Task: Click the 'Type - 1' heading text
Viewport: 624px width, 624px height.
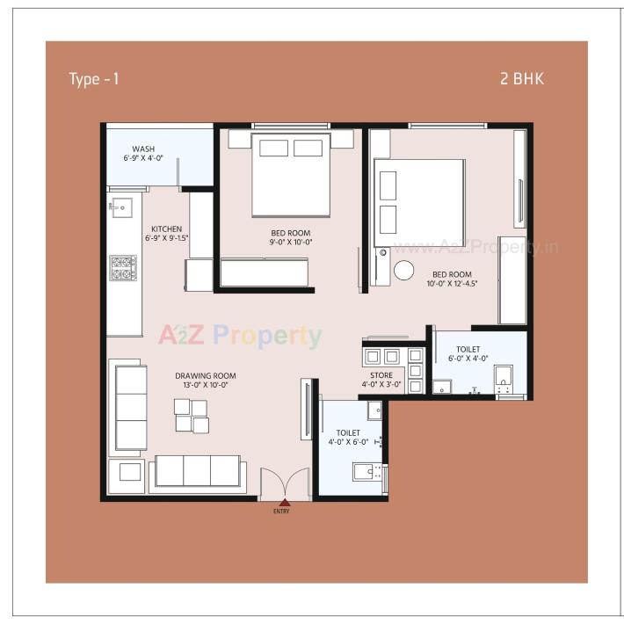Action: pyautogui.click(x=94, y=79)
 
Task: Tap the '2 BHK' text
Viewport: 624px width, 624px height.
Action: pyautogui.click(x=522, y=79)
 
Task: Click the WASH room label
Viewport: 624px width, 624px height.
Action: pyautogui.click(x=143, y=149)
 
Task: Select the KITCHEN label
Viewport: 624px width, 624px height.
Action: pyautogui.click(x=166, y=229)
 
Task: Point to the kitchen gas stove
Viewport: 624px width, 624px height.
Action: pyautogui.click(x=122, y=267)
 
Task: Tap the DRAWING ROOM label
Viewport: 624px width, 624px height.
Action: pyautogui.click(x=205, y=376)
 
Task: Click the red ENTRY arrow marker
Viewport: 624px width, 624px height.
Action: pyautogui.click(x=281, y=502)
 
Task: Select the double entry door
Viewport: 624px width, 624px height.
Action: pyautogui.click(x=285, y=484)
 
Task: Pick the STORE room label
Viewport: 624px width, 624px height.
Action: pyautogui.click(x=381, y=374)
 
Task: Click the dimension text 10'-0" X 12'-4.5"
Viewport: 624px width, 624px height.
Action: pyautogui.click(x=452, y=284)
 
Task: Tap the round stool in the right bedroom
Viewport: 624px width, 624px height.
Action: pyautogui.click(x=403, y=271)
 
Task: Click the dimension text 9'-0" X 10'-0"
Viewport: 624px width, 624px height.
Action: pyautogui.click(x=291, y=242)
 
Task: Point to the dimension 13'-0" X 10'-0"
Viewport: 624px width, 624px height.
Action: pyautogui.click(x=205, y=385)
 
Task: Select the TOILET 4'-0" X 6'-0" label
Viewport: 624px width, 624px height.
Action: pyautogui.click(x=349, y=437)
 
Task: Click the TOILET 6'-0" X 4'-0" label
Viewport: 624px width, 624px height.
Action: pyautogui.click(x=468, y=353)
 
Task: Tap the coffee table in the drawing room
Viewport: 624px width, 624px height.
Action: pyautogui.click(x=192, y=416)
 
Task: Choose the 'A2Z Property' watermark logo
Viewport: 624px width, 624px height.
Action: pyautogui.click(x=240, y=336)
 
